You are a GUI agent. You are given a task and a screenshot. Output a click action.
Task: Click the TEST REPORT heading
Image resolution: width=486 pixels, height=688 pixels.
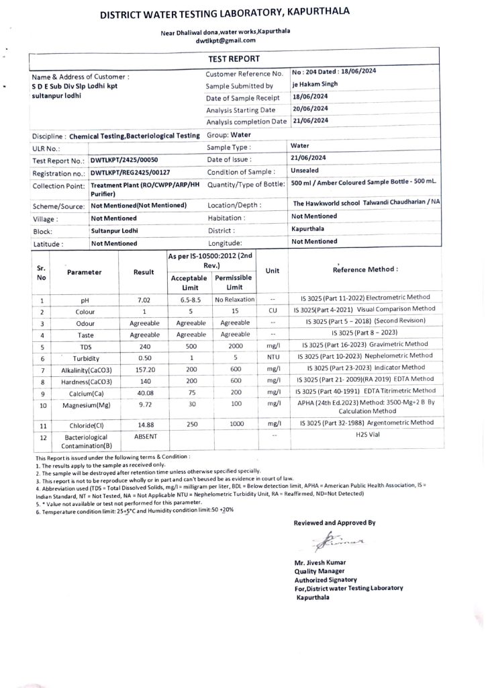234,60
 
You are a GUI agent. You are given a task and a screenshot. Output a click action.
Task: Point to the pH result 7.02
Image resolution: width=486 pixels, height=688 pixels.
142,300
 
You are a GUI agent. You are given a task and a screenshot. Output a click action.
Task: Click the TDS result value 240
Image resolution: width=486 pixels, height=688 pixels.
144,347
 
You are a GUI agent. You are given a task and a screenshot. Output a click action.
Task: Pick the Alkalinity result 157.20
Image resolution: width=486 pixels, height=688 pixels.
144,370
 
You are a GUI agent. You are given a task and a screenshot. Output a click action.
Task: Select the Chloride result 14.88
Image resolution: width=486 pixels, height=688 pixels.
144,423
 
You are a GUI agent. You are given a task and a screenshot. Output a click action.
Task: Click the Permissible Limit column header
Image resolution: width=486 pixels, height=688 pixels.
233,282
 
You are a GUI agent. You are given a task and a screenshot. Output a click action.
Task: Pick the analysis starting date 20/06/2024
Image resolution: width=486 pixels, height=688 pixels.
310,109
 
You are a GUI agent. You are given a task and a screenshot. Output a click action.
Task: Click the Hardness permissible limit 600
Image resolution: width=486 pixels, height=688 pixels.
233,380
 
